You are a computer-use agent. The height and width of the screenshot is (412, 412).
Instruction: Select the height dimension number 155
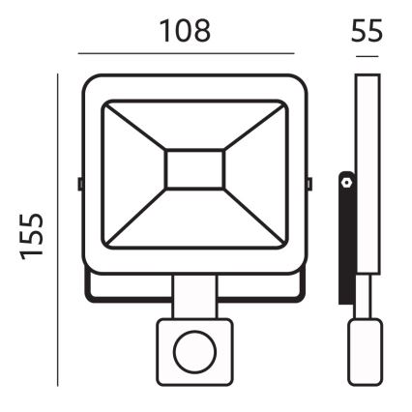pyautogui.click(x=37, y=237)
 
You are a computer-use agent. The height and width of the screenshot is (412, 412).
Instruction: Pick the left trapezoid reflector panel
pyautogui.click(x=132, y=174)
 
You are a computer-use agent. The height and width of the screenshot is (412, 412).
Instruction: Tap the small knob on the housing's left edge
pyautogui.click(x=78, y=181)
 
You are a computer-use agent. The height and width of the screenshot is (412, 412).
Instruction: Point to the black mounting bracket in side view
pyautogui.click(x=345, y=237)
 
